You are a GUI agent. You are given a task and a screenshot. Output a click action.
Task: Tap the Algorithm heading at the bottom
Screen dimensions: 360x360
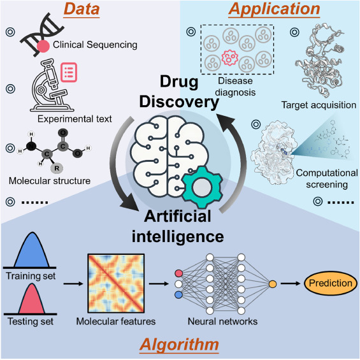[x=180, y=345]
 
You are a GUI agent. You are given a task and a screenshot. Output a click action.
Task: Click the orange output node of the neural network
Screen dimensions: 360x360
[x=272, y=282]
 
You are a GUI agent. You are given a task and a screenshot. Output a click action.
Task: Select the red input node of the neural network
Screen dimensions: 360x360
[x=178, y=273]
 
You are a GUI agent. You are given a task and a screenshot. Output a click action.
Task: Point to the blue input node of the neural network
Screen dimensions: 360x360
[x=178, y=294]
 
